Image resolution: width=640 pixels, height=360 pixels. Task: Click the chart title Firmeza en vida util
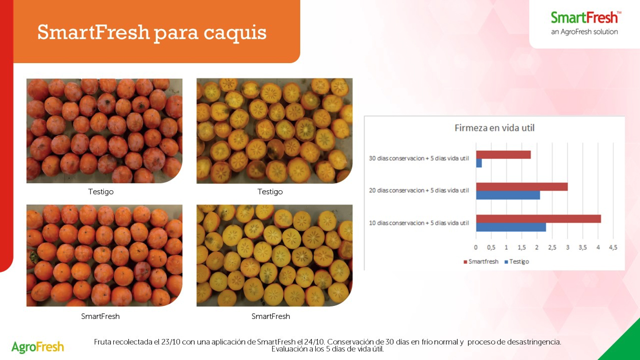tap(495, 128)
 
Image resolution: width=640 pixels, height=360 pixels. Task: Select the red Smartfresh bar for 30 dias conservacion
tap(503, 155)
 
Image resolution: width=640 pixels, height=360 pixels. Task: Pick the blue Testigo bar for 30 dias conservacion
tap(479, 164)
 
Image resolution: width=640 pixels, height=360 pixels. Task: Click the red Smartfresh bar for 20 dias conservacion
tap(522, 187)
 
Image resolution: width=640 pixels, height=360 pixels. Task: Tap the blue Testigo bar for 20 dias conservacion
tap(508, 195)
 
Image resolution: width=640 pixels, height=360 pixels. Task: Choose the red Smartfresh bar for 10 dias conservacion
tap(539, 218)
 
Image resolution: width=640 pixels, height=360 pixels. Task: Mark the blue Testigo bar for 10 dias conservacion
tap(511, 227)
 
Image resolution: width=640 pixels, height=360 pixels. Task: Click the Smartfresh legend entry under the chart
tap(481, 262)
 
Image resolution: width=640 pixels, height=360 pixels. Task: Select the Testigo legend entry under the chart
tap(517, 262)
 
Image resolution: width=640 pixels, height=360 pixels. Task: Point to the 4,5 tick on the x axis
tap(613, 248)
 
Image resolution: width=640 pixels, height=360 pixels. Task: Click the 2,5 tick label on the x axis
tap(552, 248)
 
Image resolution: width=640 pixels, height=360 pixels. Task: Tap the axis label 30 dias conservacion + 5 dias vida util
tap(419, 158)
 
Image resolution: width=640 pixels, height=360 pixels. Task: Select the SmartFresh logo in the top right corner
tap(585, 18)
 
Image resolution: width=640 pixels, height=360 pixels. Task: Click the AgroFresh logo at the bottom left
tap(38, 347)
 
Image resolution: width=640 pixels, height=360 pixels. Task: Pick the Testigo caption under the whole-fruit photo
tap(101, 192)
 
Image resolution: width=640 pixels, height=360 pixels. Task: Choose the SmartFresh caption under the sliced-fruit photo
tap(271, 316)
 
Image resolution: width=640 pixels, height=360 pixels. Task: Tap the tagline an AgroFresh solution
tap(585, 32)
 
